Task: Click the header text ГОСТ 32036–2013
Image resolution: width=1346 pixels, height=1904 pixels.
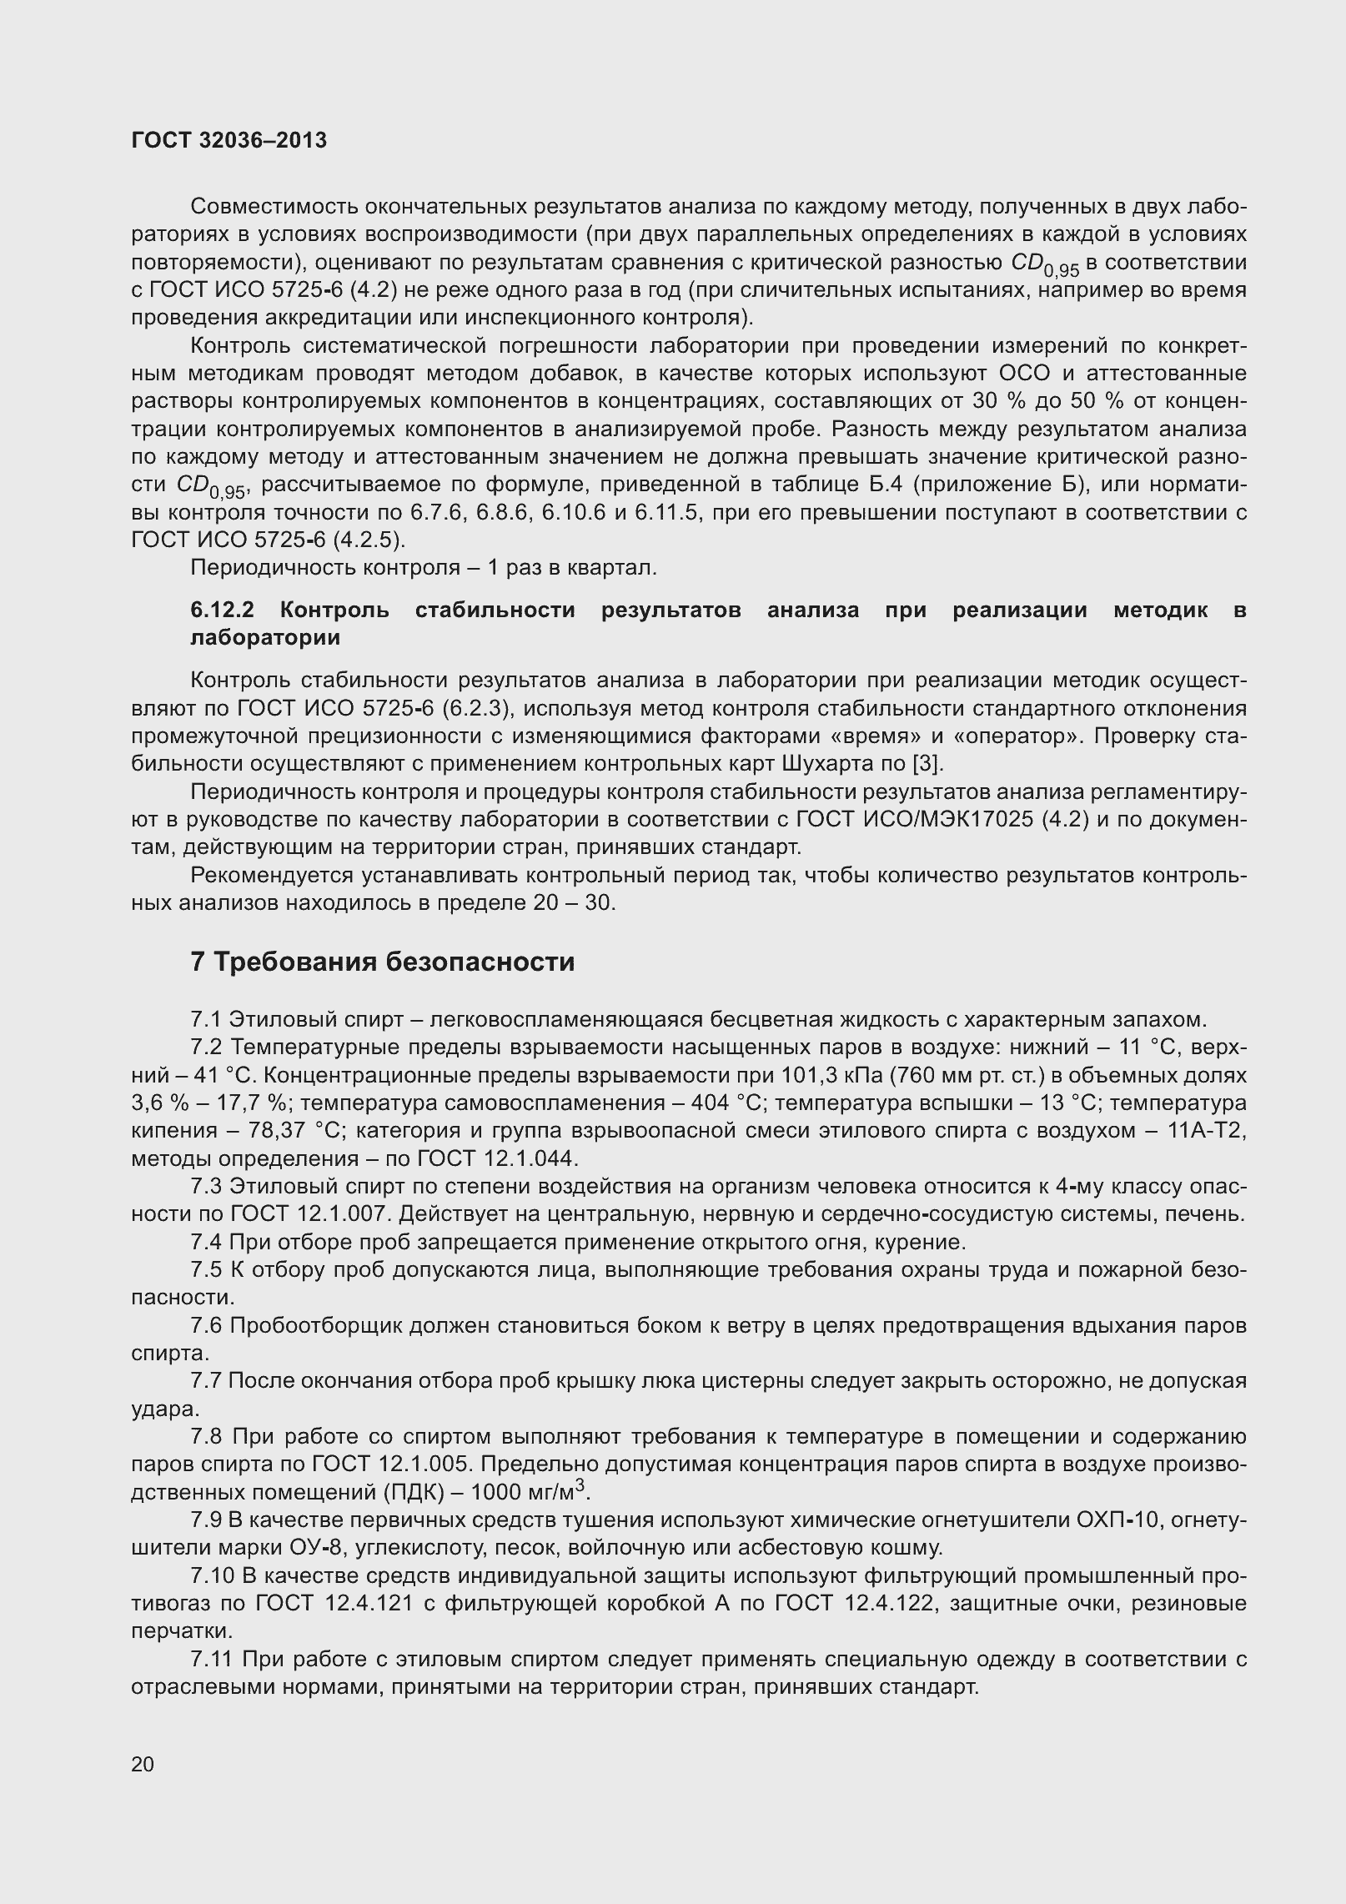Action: [229, 141]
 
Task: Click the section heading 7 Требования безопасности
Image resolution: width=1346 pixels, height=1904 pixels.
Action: [383, 962]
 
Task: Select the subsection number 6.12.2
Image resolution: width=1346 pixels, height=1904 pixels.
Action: [222, 610]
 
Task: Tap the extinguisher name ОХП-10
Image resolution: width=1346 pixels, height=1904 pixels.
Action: [1119, 1520]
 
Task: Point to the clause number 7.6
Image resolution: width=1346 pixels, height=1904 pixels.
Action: [206, 1325]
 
